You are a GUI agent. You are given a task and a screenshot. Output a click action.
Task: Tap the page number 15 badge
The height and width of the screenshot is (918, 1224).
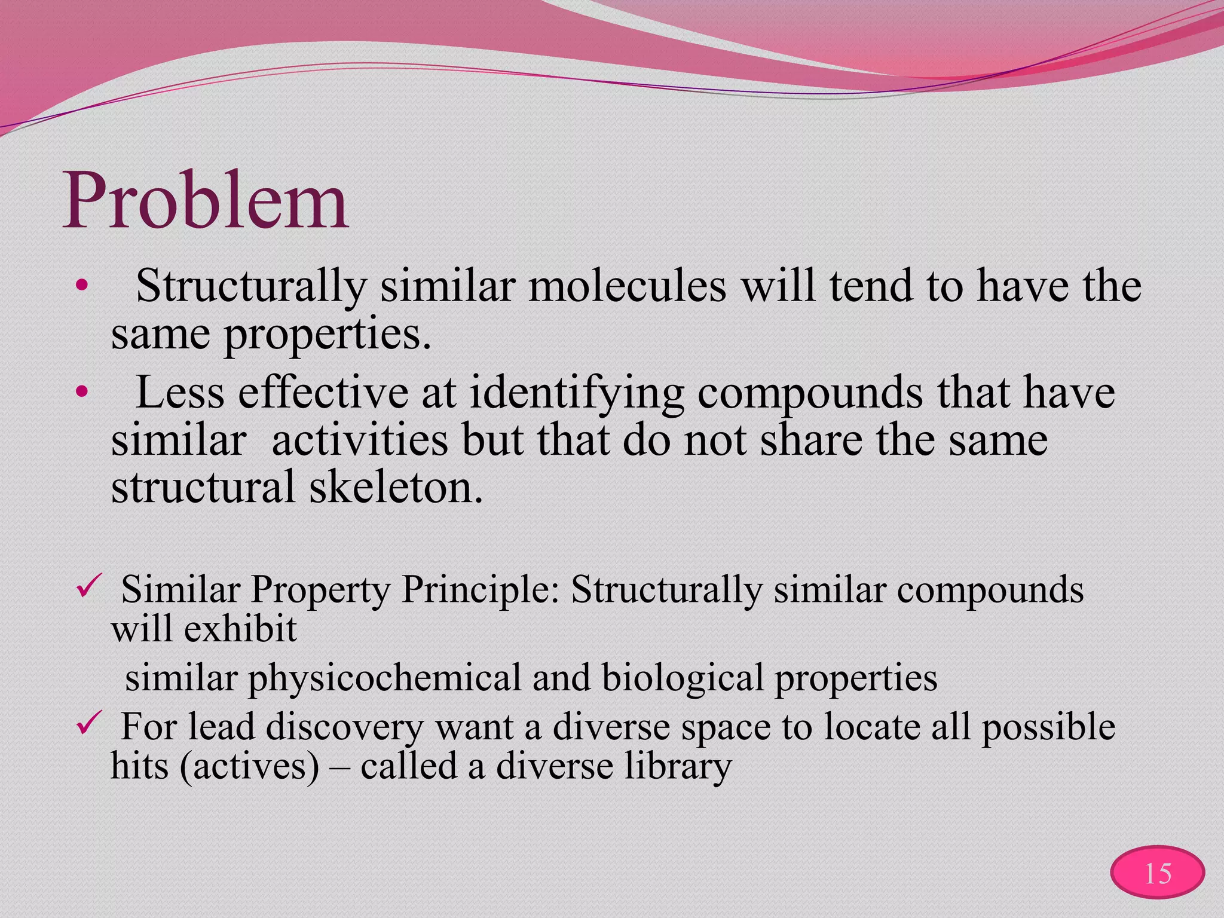(x=1157, y=874)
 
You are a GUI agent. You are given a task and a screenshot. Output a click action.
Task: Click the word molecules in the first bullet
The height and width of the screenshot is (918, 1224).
(x=627, y=286)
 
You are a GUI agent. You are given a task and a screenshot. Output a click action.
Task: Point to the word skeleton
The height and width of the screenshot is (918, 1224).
(x=394, y=487)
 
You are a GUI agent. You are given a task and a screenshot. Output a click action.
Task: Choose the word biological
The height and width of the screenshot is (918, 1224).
(x=682, y=678)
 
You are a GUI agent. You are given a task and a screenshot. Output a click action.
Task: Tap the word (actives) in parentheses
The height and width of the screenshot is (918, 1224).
(x=249, y=766)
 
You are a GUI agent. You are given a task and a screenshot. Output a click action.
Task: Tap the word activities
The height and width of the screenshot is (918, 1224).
(x=359, y=440)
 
